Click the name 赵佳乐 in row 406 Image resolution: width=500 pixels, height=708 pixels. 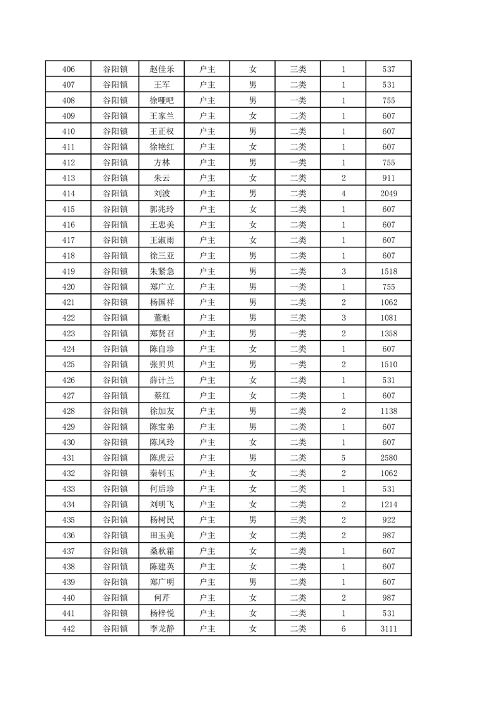(x=161, y=69)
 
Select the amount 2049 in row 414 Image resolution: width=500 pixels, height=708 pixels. (x=388, y=194)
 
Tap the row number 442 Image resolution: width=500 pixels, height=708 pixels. (x=69, y=628)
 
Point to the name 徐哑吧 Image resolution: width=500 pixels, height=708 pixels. (x=161, y=100)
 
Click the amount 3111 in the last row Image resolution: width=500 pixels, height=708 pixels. (x=388, y=628)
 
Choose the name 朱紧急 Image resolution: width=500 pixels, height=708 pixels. (x=161, y=271)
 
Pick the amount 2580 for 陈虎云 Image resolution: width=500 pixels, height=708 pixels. (x=388, y=457)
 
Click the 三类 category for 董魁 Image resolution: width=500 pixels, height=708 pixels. (x=298, y=318)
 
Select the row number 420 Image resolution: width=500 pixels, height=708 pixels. (x=69, y=287)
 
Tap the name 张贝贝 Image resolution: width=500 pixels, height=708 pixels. (x=161, y=365)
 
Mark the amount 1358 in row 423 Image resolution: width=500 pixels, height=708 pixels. (x=388, y=334)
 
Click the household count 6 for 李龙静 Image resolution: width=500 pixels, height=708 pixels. (x=344, y=628)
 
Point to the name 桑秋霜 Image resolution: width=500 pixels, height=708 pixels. (x=161, y=551)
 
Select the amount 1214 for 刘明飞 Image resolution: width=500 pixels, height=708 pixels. (x=388, y=504)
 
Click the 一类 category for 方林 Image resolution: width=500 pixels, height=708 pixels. (x=298, y=163)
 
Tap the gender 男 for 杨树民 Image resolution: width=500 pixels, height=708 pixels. (x=253, y=520)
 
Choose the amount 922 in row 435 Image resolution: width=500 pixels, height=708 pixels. (x=388, y=520)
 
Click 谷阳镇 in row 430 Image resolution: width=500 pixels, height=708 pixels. (x=115, y=442)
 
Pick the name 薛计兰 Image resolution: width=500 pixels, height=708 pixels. (x=161, y=380)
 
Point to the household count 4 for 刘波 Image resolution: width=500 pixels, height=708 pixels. (x=344, y=194)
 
